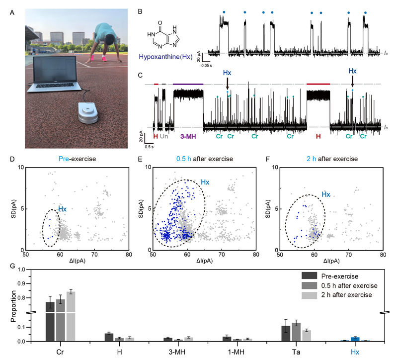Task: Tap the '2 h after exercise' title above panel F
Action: point(327,160)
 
